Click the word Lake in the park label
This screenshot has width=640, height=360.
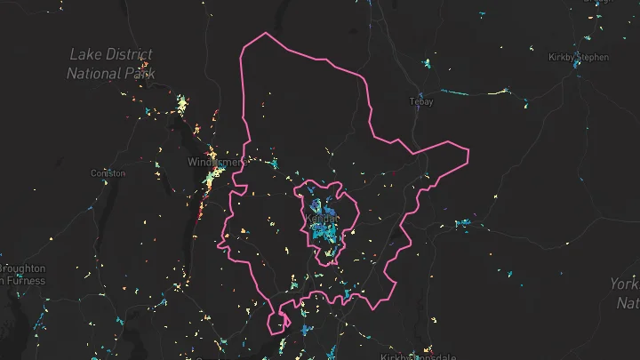(84, 55)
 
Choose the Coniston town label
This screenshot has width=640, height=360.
(108, 173)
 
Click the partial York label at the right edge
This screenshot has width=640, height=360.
(624, 284)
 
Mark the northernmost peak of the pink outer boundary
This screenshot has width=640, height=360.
(264, 34)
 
